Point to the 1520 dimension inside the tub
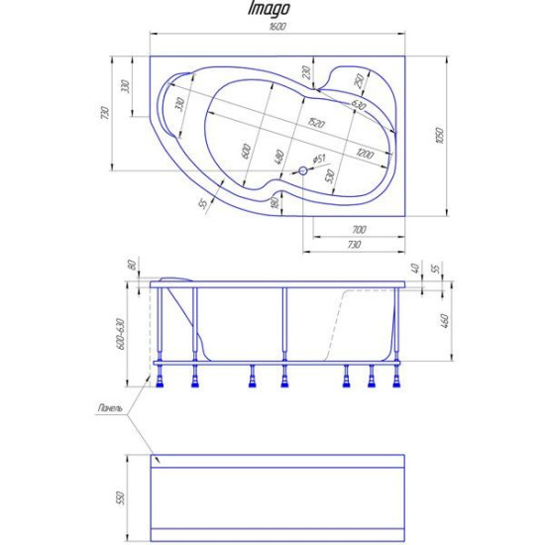pos(315,123)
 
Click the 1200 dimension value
pos(366,154)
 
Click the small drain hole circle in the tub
pos(303,169)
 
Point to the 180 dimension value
pos(274,203)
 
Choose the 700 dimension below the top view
pos(358,229)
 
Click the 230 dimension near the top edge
pos(307,72)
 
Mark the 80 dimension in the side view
pos(130,267)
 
